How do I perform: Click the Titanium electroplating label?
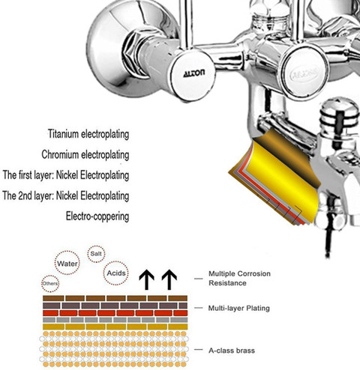pyautogui.click(x=88, y=134)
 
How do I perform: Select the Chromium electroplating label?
pyautogui.click(x=85, y=154)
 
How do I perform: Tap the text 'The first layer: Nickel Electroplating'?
pyautogui.click(x=66, y=175)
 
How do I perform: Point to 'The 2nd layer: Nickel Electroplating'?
pyautogui.click(x=66, y=195)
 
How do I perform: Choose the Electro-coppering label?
pyautogui.click(x=97, y=216)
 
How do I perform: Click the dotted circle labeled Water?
pyautogui.click(x=67, y=263)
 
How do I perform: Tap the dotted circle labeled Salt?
pyautogui.click(x=96, y=254)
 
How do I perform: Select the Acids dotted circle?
pyautogui.click(x=116, y=273)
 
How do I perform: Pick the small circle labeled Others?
pyautogui.click(x=50, y=284)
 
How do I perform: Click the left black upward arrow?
pyautogui.click(x=147, y=279)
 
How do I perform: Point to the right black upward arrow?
pyautogui.click(x=169, y=279)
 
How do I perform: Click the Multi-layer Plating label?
pyautogui.click(x=239, y=308)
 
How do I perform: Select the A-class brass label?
pyautogui.click(x=232, y=351)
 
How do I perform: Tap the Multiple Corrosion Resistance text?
pyautogui.click(x=239, y=279)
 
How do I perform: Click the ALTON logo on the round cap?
pyautogui.click(x=194, y=73)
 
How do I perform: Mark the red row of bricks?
pyautogui.click(x=115, y=313)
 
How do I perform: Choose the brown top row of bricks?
pyautogui.click(x=115, y=298)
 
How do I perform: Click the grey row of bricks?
pyautogui.click(x=115, y=320)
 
